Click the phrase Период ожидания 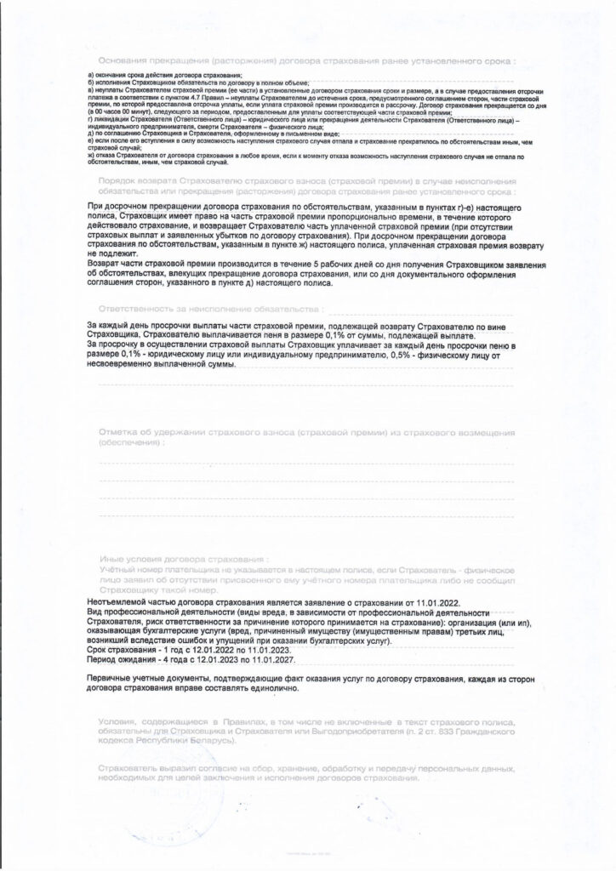click(122, 658)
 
